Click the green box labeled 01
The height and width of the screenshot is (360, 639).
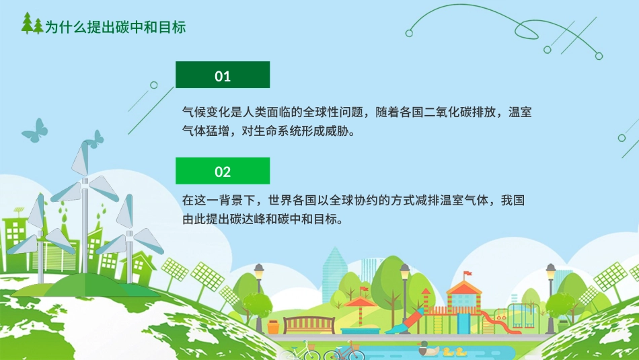(223, 75)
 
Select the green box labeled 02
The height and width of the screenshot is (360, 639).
(223, 171)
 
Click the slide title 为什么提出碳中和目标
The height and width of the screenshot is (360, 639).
(115, 27)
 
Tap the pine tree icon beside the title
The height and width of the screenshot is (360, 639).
(32, 25)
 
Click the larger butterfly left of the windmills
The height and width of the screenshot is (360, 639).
(35, 130)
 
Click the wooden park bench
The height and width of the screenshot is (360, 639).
(309, 324)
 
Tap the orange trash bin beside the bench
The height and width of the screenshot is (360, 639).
(274, 326)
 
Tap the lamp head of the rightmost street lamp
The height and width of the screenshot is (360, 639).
(551, 271)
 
